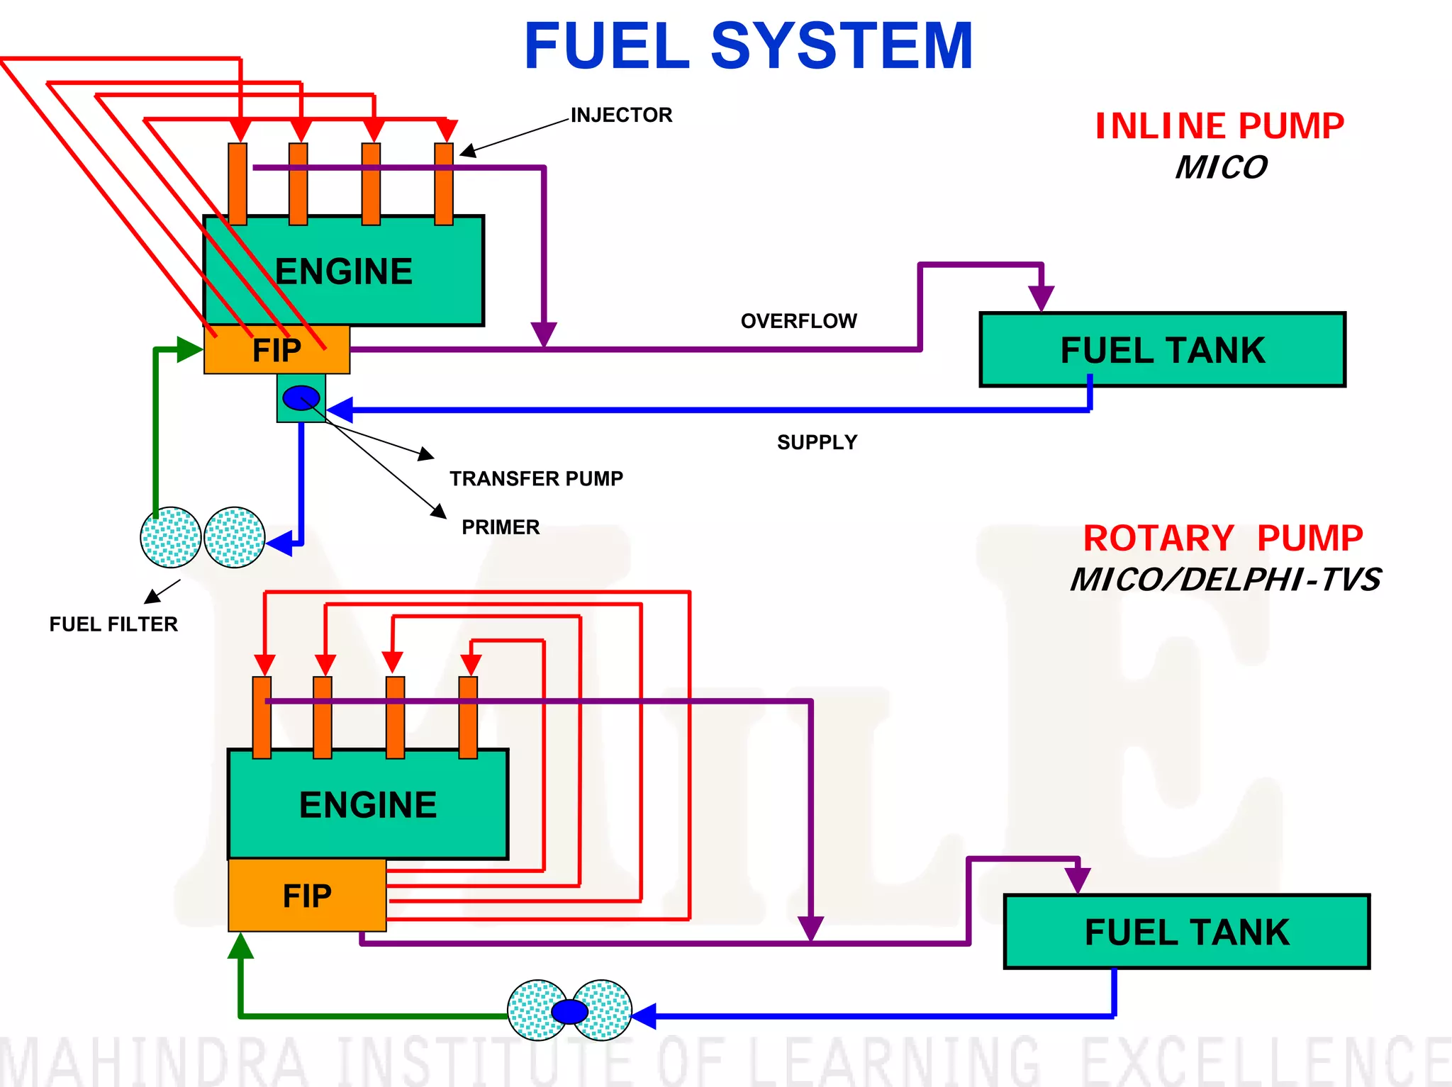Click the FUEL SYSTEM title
[x=748, y=47]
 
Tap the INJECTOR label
[x=621, y=115]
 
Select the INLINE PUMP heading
[x=1219, y=126]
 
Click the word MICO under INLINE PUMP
[x=1221, y=168]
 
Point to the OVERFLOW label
[x=798, y=321]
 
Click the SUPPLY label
[x=817, y=442]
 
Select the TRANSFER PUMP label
[x=536, y=479]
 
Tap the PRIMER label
[x=501, y=527]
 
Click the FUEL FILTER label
[x=113, y=624]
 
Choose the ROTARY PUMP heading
[x=1223, y=539]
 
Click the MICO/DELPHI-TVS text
[x=1225, y=580]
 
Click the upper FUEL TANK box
[x=1162, y=350]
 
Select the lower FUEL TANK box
[x=1186, y=932]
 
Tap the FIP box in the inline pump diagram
[x=277, y=350]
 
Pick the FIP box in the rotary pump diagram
[x=307, y=896]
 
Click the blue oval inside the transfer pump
[x=301, y=398]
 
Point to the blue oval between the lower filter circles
[x=569, y=1011]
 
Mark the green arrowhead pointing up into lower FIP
[x=240, y=946]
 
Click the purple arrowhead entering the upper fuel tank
[x=1041, y=298]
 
